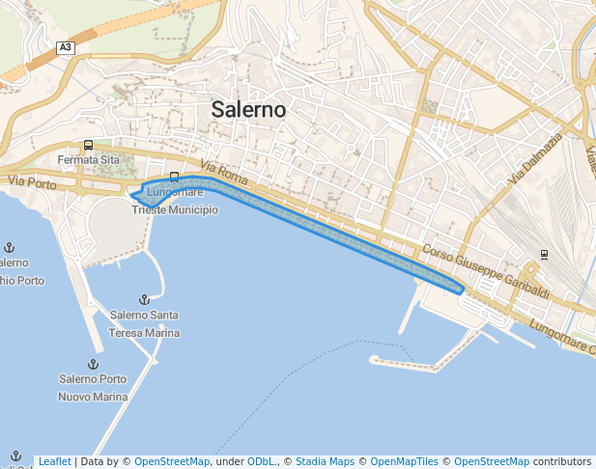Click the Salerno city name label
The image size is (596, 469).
click(x=248, y=110)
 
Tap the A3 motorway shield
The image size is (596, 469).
click(x=65, y=47)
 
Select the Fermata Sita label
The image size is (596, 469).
click(x=88, y=159)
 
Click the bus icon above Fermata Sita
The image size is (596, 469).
click(x=88, y=146)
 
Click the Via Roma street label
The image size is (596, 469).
click(x=224, y=173)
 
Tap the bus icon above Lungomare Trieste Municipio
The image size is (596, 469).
click(x=174, y=177)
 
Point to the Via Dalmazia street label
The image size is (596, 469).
click(x=531, y=158)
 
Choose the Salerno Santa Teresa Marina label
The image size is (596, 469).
click(x=144, y=323)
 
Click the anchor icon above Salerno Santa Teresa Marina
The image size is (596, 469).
click(x=144, y=300)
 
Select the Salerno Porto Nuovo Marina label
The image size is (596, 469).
click(x=93, y=387)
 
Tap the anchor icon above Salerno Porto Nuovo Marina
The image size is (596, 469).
click(x=93, y=364)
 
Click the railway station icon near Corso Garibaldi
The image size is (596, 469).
click(x=544, y=255)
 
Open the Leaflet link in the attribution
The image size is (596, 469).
click(x=54, y=461)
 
